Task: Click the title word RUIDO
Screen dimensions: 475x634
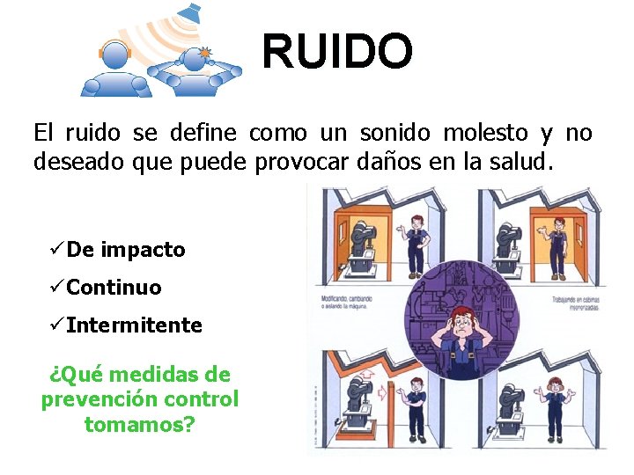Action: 337,51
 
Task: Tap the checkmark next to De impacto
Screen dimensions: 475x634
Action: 56,250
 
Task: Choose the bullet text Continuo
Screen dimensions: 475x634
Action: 114,288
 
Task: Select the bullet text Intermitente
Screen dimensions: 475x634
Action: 134,325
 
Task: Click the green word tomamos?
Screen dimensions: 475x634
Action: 139,424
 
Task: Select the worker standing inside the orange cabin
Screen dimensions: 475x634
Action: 557,242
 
